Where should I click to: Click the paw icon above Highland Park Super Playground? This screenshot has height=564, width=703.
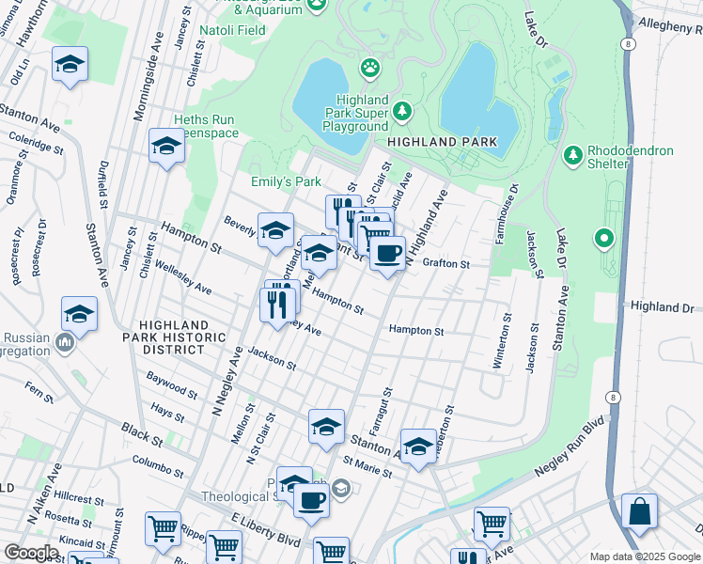tap(371, 68)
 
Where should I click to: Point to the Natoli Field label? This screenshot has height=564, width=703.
tap(230, 29)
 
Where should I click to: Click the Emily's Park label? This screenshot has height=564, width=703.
tap(286, 181)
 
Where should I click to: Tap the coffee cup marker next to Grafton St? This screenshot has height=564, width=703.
tap(387, 252)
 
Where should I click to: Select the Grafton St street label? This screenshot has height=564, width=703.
tap(445, 264)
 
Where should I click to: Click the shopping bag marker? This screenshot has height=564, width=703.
tap(639, 511)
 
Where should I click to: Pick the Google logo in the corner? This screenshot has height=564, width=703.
tap(31, 553)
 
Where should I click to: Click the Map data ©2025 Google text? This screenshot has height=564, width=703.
tap(645, 556)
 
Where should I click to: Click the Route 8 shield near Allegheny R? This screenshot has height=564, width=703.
tap(627, 44)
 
